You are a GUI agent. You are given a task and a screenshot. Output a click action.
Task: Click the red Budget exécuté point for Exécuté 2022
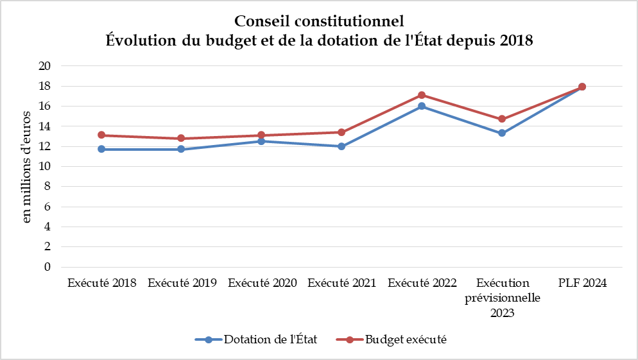pyautogui.click(x=422, y=95)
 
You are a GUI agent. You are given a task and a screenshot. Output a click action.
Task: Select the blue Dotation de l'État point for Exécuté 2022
pyautogui.click(x=422, y=106)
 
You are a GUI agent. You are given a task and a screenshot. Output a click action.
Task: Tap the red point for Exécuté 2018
pyautogui.click(x=101, y=135)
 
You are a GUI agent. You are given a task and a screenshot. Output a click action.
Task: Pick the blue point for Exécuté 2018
pyautogui.click(x=101, y=149)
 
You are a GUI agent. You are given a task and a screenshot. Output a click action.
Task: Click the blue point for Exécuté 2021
pyautogui.click(x=341, y=146)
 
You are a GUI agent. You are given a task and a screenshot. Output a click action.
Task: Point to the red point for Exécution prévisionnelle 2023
pyautogui.click(x=502, y=119)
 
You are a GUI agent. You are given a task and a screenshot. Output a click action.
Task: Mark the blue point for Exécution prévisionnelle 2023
pyautogui.click(x=502, y=133)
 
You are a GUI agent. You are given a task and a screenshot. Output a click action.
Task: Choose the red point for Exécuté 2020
pyautogui.click(x=262, y=135)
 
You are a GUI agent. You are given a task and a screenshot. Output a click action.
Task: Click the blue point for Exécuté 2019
pyautogui.click(x=182, y=149)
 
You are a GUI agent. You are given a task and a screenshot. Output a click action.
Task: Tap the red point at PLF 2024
pyautogui.click(x=582, y=87)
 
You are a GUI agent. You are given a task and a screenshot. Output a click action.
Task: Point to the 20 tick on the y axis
pyautogui.click(x=44, y=66)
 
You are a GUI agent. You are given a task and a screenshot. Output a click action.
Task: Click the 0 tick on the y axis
pyautogui.click(x=47, y=267)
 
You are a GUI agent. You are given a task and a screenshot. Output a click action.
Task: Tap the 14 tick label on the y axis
pyautogui.click(x=44, y=126)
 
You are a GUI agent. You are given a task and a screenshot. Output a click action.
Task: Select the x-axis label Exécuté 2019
pyautogui.click(x=182, y=283)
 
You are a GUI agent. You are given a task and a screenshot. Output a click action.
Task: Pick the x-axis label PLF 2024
pyautogui.click(x=582, y=283)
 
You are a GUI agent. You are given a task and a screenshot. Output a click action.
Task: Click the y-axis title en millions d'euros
pyautogui.click(x=26, y=166)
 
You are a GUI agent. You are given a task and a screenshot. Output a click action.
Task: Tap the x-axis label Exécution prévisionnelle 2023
pyautogui.click(x=502, y=298)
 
